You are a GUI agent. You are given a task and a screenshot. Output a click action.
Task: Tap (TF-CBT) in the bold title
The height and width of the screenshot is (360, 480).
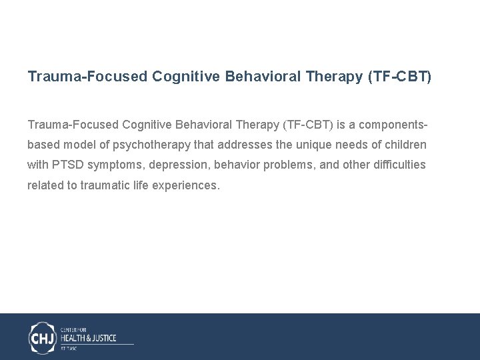399,77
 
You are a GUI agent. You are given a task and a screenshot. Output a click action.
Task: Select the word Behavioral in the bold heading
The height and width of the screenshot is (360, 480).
263,77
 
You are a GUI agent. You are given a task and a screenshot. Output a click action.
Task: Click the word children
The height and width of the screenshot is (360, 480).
406,145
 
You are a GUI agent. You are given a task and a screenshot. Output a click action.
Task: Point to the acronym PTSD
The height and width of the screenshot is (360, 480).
65,165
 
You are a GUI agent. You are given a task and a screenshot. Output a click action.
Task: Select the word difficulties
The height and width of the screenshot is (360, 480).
399,165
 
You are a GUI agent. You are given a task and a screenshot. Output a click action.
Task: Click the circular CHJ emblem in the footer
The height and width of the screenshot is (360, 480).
43,337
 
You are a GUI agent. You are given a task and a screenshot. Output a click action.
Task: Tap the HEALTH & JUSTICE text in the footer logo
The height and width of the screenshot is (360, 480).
88,338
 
